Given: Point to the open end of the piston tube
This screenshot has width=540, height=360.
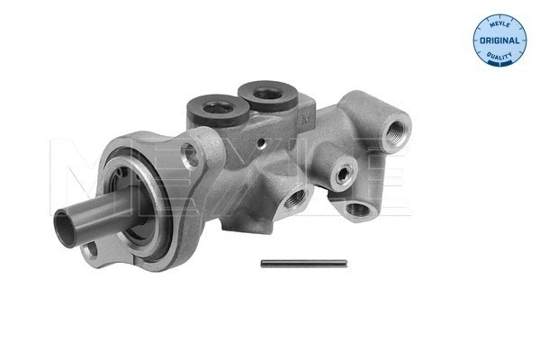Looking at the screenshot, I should click(x=69, y=220).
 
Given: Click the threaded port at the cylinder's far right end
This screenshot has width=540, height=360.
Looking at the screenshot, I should click(x=397, y=134).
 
